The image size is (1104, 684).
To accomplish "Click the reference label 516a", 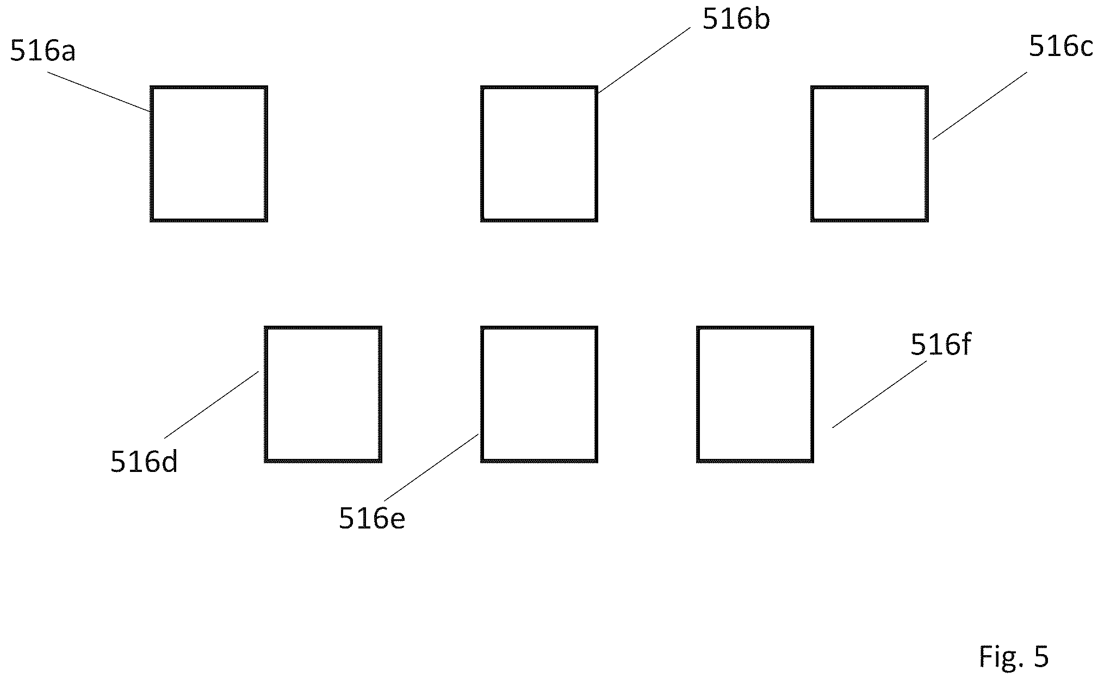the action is (43, 52).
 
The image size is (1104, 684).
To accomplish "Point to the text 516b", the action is (736, 20).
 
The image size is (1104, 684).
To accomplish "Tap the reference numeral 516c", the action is (1060, 46).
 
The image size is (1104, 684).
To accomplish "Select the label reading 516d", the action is (144, 462).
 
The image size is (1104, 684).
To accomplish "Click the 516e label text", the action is (372, 518).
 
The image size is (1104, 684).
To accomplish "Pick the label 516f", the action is (940, 344).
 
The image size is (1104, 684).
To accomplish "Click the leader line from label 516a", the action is (99, 92).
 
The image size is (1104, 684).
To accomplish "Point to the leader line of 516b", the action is (643, 61).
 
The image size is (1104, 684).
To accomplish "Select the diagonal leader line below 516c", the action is (980, 105).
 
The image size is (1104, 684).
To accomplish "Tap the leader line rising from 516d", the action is (211, 405).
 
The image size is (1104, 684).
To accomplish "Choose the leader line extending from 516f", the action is (879, 394).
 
